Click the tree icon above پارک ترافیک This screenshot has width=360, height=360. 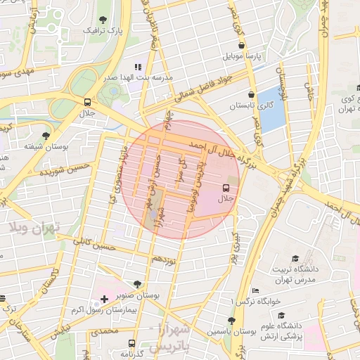click(x=103, y=20)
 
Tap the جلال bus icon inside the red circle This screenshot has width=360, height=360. click(x=226, y=188)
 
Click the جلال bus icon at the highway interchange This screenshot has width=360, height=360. click(x=87, y=101)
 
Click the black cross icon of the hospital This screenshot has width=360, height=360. click(x=105, y=300)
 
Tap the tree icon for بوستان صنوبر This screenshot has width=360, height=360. click(x=137, y=285)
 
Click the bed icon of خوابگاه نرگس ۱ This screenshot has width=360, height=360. click(x=255, y=290)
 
